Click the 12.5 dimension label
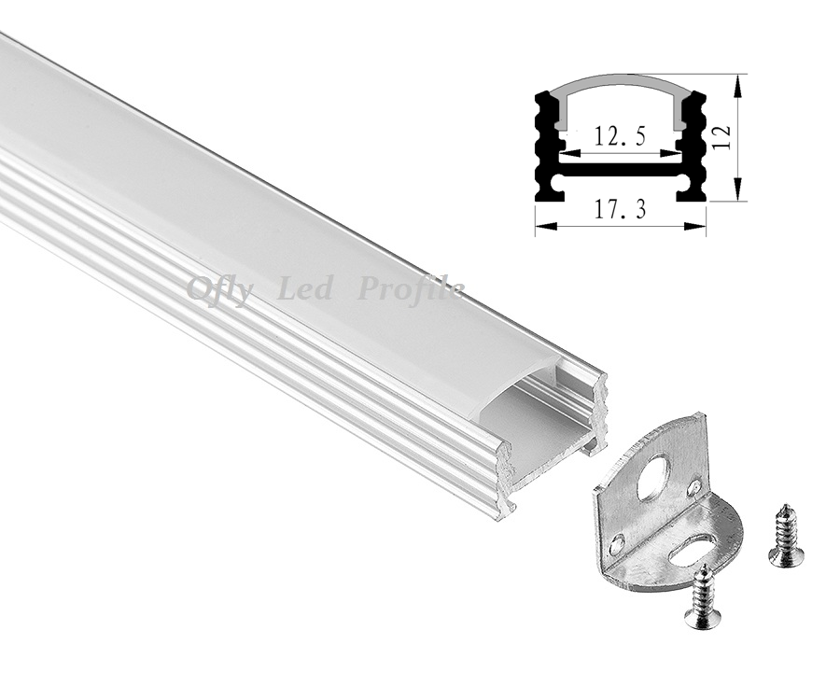tap(620, 135)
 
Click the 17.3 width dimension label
tap(620, 209)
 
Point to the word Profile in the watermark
tap(411, 290)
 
